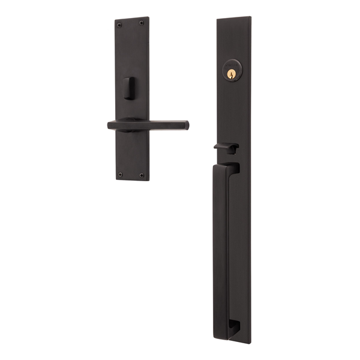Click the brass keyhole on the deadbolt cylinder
point(230,74)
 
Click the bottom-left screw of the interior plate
point(120,174)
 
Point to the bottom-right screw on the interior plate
point(142,175)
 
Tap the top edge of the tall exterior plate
point(233,19)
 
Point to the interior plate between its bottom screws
point(131,175)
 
